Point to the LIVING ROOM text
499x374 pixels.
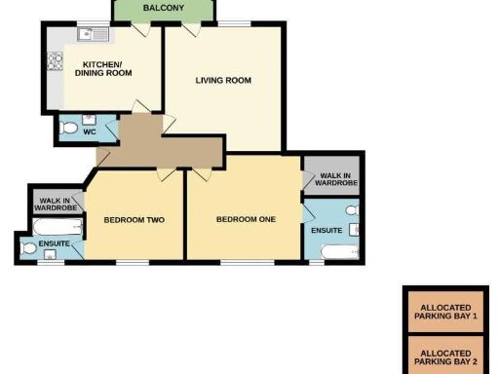223,81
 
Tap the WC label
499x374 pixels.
89,131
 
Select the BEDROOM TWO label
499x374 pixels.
134,220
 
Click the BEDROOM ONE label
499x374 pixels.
246,220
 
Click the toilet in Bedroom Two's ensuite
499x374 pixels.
29,249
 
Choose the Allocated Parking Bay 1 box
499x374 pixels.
444,312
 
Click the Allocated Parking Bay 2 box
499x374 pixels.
444,355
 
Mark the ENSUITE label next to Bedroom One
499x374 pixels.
326,230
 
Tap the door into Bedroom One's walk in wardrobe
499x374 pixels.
307,179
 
